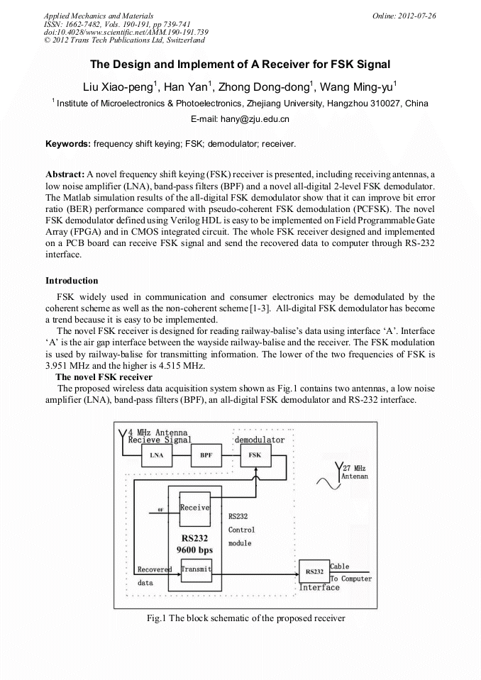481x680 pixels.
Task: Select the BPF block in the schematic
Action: tap(206, 455)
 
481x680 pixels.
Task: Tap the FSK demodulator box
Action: tap(254, 455)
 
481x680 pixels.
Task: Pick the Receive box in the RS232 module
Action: tap(194, 508)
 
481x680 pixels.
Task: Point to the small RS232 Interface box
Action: tap(314, 570)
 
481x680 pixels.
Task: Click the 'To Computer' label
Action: tap(351, 579)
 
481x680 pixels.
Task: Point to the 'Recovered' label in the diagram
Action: tap(154, 569)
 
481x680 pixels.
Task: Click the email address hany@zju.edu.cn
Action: tap(240, 119)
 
